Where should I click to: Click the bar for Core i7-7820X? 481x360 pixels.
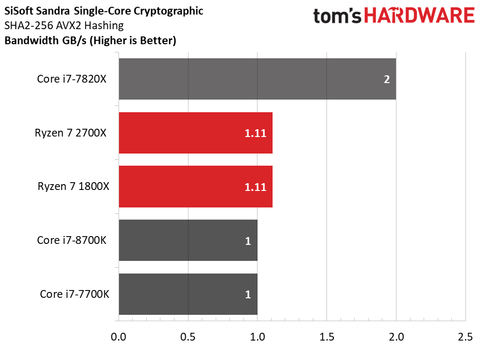tap(258, 79)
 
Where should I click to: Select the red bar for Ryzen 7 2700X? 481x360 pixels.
tap(196, 133)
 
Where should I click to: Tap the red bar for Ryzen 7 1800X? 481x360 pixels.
tap(196, 187)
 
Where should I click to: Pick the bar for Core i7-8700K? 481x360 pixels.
tap(188, 240)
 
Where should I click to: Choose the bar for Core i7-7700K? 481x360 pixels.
tap(188, 294)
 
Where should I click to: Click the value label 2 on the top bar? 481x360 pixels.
tap(387, 79)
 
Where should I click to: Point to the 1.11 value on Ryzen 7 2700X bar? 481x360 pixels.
tap(255, 133)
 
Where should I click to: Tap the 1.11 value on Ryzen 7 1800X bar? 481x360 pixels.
tap(255, 187)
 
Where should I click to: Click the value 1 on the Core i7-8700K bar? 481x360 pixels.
tap(248, 241)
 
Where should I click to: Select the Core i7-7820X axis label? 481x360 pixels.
tap(71, 79)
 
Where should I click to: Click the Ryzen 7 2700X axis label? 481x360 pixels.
tap(70, 133)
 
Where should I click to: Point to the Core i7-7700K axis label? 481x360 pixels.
tap(74, 294)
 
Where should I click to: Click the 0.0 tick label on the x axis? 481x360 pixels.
tap(119, 337)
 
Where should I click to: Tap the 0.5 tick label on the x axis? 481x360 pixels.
tap(188, 337)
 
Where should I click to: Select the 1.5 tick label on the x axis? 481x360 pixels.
tap(326, 337)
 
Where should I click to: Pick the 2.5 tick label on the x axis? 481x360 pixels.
tap(465, 337)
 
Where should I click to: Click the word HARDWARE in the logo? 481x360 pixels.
tap(419, 16)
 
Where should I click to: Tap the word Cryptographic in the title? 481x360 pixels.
tap(169, 11)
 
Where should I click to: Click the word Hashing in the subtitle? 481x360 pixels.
tap(104, 25)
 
